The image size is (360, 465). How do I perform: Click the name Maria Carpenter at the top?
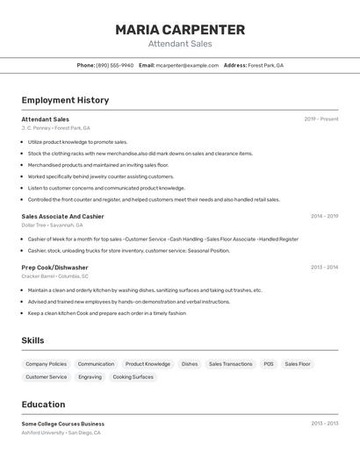pos(180,30)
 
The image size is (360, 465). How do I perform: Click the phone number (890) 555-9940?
pos(114,65)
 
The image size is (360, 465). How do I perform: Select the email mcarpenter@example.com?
pos(187,65)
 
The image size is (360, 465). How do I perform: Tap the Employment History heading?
pos(65,100)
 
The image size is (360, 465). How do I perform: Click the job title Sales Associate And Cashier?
pos(62,216)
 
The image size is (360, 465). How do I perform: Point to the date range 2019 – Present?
pos(320,119)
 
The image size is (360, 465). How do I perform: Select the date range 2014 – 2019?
pos(324,216)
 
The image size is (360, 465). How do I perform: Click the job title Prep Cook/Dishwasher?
pos(54,267)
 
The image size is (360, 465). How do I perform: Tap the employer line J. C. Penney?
pos(55,128)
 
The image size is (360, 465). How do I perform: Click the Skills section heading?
pos(32,340)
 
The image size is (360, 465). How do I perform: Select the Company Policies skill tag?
pos(46,364)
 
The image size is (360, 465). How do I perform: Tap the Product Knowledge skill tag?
pos(148,364)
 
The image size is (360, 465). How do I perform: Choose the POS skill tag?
pos(269,364)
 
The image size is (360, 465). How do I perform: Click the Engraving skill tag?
pos(90,377)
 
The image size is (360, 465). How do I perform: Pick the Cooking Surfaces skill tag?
pos(133,377)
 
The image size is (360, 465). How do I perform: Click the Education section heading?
pos(43,404)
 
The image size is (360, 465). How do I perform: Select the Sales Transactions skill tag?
pos(230,364)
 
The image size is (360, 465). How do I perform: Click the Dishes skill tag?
pos(190,364)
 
